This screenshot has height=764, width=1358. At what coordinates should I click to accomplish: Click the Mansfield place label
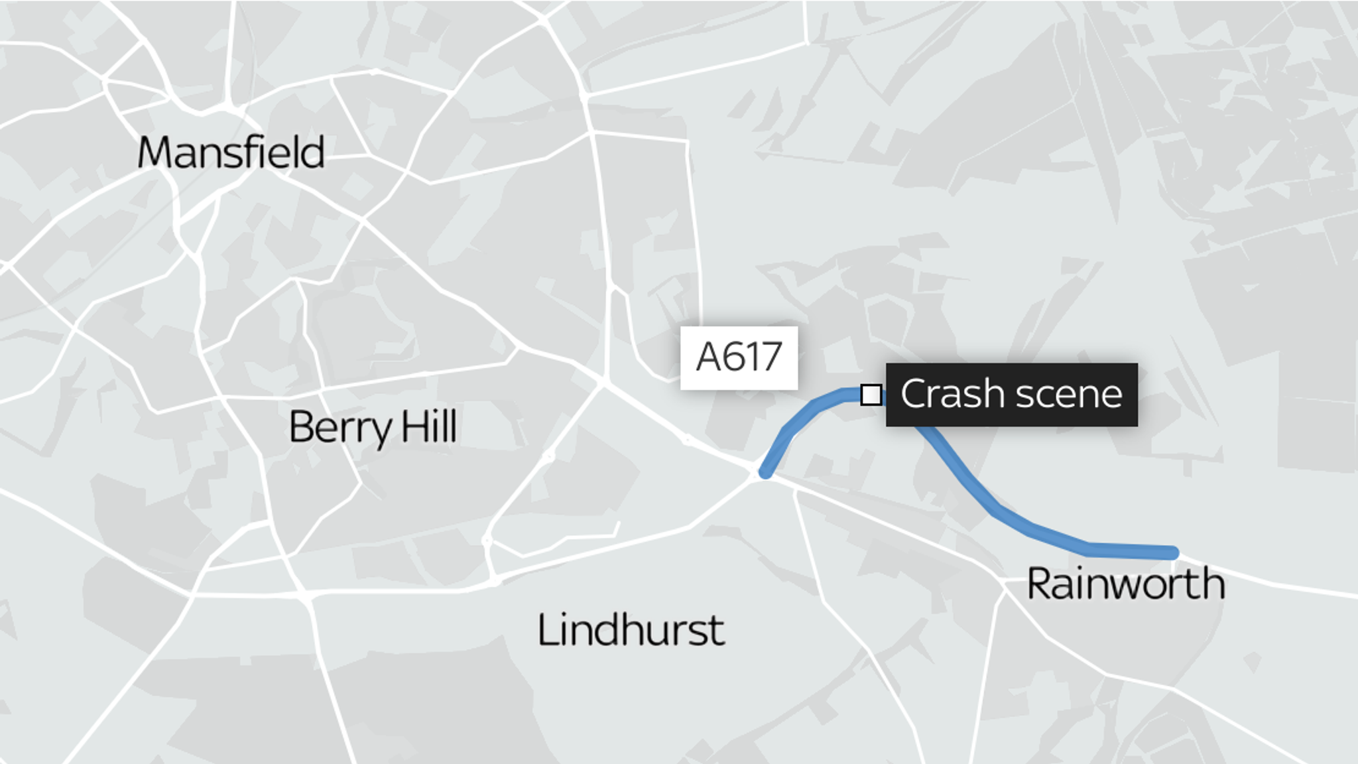tap(231, 153)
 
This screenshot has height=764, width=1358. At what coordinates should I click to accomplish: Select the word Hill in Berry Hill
tap(429, 426)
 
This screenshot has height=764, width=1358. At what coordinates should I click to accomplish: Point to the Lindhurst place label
tap(631, 630)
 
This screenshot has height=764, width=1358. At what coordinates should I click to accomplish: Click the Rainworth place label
tap(1125, 584)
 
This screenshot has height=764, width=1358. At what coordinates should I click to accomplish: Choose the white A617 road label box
tap(739, 357)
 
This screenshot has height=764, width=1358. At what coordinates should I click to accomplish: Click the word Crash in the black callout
tap(953, 394)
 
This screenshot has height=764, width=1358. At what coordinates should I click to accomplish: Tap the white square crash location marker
tap(871, 395)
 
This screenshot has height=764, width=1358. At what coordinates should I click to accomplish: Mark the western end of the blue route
tap(766, 473)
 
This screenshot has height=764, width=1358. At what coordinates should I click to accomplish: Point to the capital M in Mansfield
tap(154, 153)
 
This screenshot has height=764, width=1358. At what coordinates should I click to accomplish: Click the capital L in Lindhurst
tap(546, 630)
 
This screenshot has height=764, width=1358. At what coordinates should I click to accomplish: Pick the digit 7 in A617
tap(771, 357)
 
